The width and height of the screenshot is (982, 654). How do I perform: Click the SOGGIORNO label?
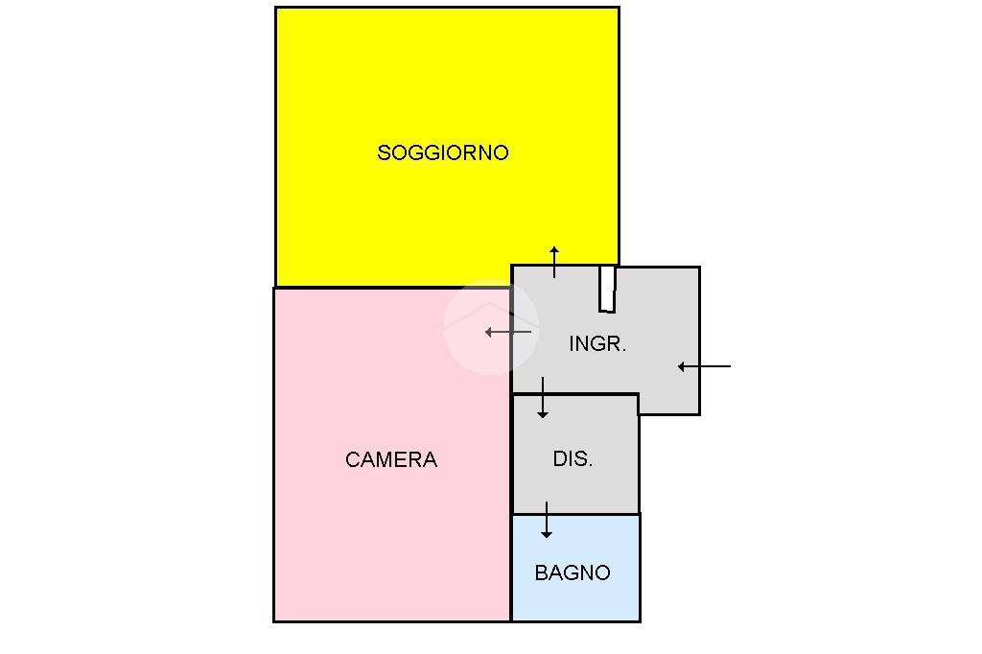click(442, 152)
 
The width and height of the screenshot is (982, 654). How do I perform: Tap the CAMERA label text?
click(391, 460)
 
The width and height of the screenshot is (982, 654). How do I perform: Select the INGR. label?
click(597, 344)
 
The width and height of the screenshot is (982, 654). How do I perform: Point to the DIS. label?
click(573, 459)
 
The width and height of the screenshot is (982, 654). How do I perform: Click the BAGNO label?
click(573, 573)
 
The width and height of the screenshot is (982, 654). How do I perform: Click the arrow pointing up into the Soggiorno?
click(554, 262)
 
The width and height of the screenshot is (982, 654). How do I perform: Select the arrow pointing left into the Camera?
click(508, 332)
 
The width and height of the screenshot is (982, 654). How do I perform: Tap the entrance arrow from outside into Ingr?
click(704, 366)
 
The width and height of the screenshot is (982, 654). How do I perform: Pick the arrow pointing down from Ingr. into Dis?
click(543, 398)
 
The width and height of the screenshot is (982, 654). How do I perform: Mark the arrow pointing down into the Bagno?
click(547, 520)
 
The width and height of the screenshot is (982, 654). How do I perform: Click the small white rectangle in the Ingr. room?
click(607, 289)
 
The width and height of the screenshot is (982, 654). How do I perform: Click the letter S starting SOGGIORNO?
click(384, 152)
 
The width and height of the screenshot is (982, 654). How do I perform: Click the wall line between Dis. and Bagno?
click(575, 514)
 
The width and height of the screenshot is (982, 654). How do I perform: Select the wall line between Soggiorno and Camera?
click(393, 287)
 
